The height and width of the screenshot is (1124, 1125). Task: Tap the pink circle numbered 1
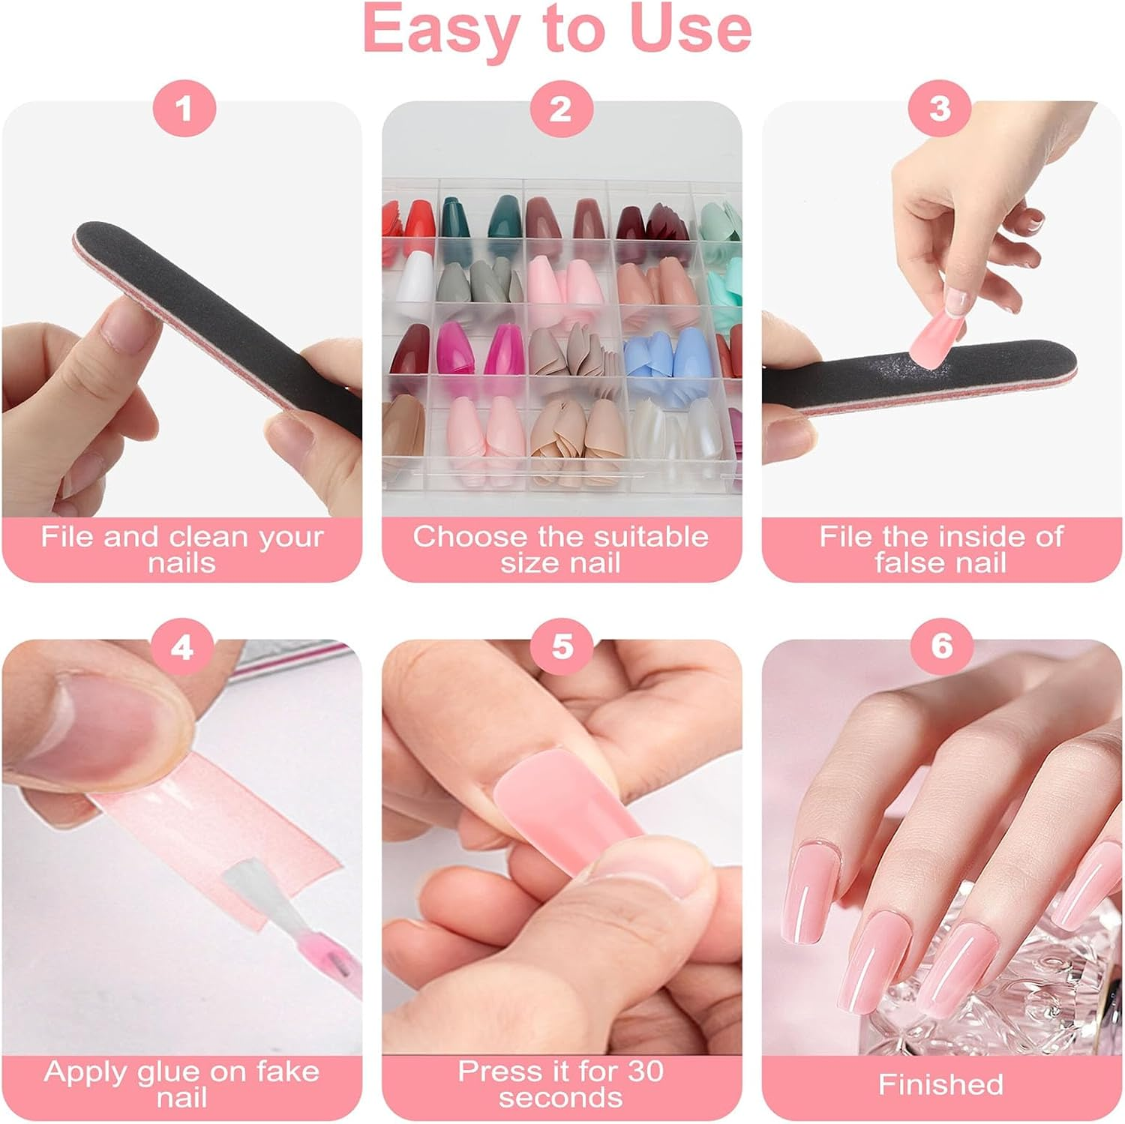[184, 109]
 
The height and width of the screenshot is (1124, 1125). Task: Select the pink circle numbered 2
[561, 109]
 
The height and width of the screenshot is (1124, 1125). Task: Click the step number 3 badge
[940, 109]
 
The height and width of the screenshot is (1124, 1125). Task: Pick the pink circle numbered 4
[182, 646]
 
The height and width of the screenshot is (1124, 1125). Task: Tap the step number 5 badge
[562, 646]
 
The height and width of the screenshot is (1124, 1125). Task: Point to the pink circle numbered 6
[941, 646]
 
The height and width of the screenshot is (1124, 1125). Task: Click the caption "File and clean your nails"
[181, 549]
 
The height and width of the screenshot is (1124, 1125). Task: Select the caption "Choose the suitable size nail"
[561, 549]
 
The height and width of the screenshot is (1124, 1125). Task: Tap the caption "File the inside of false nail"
[940, 549]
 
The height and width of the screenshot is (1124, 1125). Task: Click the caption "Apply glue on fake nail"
[181, 1084]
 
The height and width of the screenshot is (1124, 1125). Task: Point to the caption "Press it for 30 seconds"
[561, 1084]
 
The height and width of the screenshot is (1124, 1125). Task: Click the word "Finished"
[940, 1084]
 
